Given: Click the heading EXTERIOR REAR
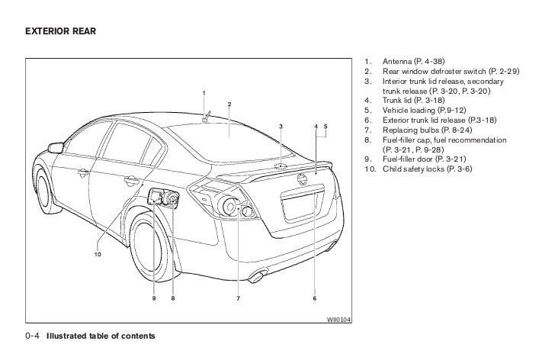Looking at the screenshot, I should click(58, 33).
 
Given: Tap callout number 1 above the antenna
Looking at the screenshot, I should click(204, 93).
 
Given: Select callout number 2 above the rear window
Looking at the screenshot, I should click(229, 104).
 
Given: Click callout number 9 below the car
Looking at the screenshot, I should click(153, 298).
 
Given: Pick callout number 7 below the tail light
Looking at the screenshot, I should click(238, 298).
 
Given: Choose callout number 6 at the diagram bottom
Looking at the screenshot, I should click(314, 298).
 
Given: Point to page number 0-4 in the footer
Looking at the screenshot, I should click(34, 336).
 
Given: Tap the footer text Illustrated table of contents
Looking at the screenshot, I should click(101, 336).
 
